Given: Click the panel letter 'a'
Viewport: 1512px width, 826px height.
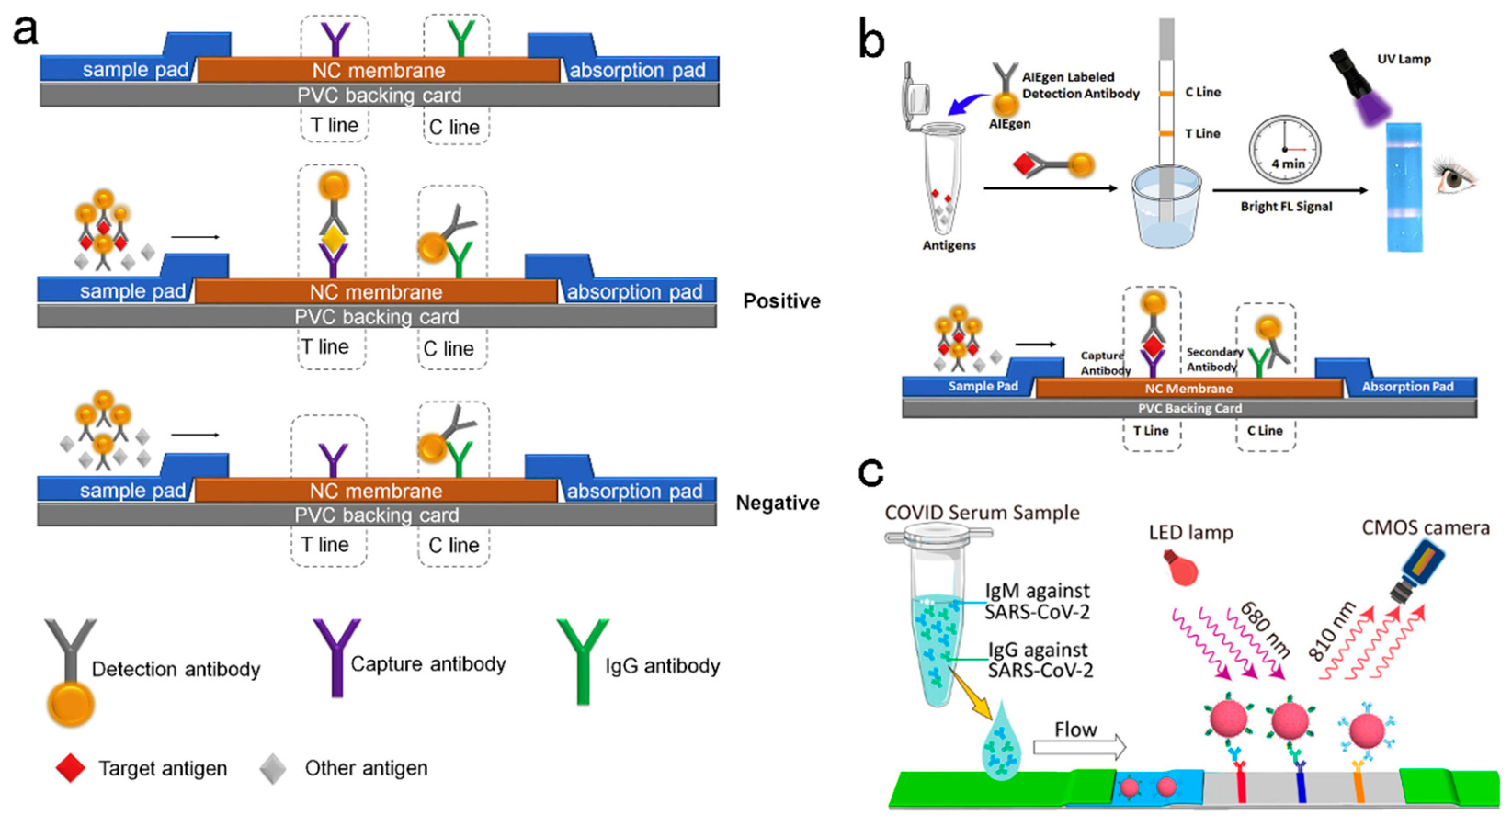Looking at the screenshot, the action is [26, 31].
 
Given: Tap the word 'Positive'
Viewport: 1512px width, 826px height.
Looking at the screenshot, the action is [781, 301].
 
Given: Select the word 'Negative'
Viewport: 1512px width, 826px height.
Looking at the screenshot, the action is [778, 503].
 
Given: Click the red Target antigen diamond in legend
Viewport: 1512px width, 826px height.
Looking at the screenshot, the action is [70, 768].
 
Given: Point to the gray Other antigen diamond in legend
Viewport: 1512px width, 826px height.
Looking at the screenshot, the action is [273, 769].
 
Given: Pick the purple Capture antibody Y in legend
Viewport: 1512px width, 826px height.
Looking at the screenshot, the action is [336, 657].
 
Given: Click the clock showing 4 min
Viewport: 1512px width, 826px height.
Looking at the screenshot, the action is [1285, 150].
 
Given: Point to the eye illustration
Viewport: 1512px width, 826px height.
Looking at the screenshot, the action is [1455, 175].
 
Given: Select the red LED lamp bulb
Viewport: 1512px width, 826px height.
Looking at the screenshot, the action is [1181, 568].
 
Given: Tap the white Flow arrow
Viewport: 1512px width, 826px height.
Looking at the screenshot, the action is [1079, 746].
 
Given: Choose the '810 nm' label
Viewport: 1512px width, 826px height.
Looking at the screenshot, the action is [1332, 631].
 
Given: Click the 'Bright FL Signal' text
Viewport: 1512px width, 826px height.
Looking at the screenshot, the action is [1286, 207].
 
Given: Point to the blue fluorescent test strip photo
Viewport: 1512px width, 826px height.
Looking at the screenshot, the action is [1404, 187].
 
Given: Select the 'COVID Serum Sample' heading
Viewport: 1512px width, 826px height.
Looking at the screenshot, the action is [983, 513].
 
